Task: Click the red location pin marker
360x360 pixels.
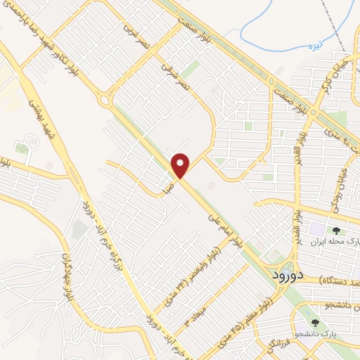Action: point(181,166)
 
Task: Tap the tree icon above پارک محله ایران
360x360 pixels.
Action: point(335,230)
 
